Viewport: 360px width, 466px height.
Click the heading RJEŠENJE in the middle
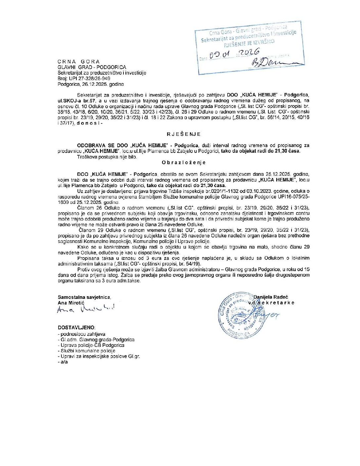[184, 134]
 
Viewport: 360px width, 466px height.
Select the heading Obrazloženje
[184, 163]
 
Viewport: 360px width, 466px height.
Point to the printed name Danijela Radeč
[270, 297]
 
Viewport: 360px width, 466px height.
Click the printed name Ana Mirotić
[71, 303]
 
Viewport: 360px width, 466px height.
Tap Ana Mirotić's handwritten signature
[86, 309]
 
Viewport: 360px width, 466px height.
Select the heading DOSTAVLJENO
[76, 327]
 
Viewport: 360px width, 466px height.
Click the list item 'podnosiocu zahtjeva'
[83, 334]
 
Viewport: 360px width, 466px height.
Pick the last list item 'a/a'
[64, 362]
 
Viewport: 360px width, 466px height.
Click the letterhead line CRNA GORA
[78, 62]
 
